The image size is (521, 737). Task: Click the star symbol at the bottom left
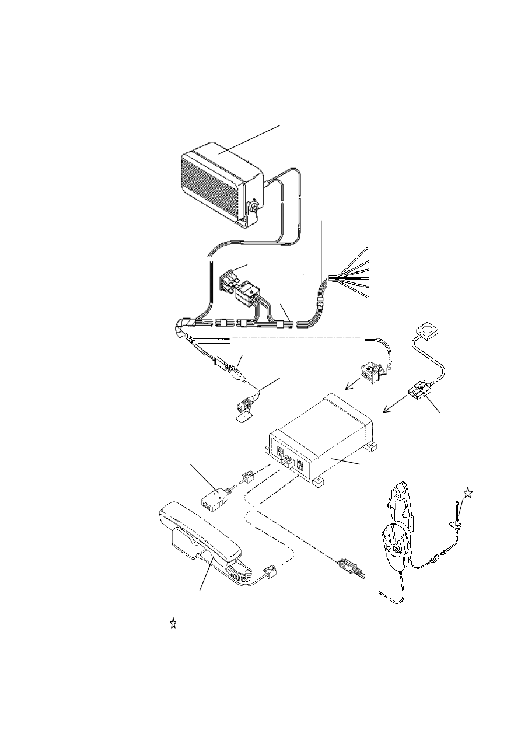(173, 624)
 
